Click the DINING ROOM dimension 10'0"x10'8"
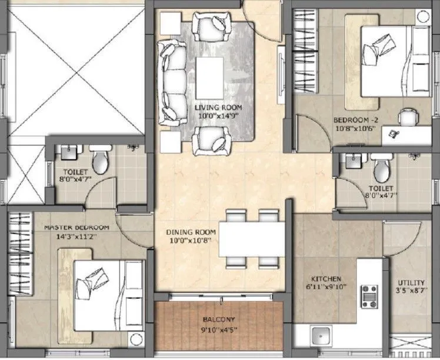click(x=188, y=241)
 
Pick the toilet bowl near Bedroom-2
click(x=381, y=169)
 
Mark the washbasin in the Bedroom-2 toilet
click(x=354, y=159)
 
